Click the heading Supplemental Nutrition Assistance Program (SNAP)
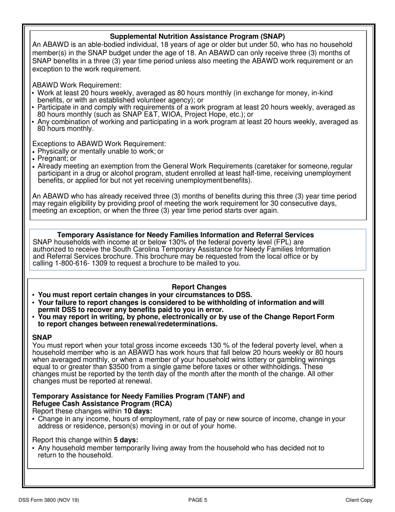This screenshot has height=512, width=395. click(197, 37)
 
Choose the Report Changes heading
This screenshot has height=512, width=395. click(199, 287)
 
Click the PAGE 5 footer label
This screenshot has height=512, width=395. click(197, 500)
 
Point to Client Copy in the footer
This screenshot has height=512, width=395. click(359, 500)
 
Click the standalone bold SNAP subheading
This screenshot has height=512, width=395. click(42, 337)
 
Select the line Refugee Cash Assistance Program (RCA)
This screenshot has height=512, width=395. click(102, 404)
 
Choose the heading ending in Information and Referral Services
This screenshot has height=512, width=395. click(185, 235)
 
